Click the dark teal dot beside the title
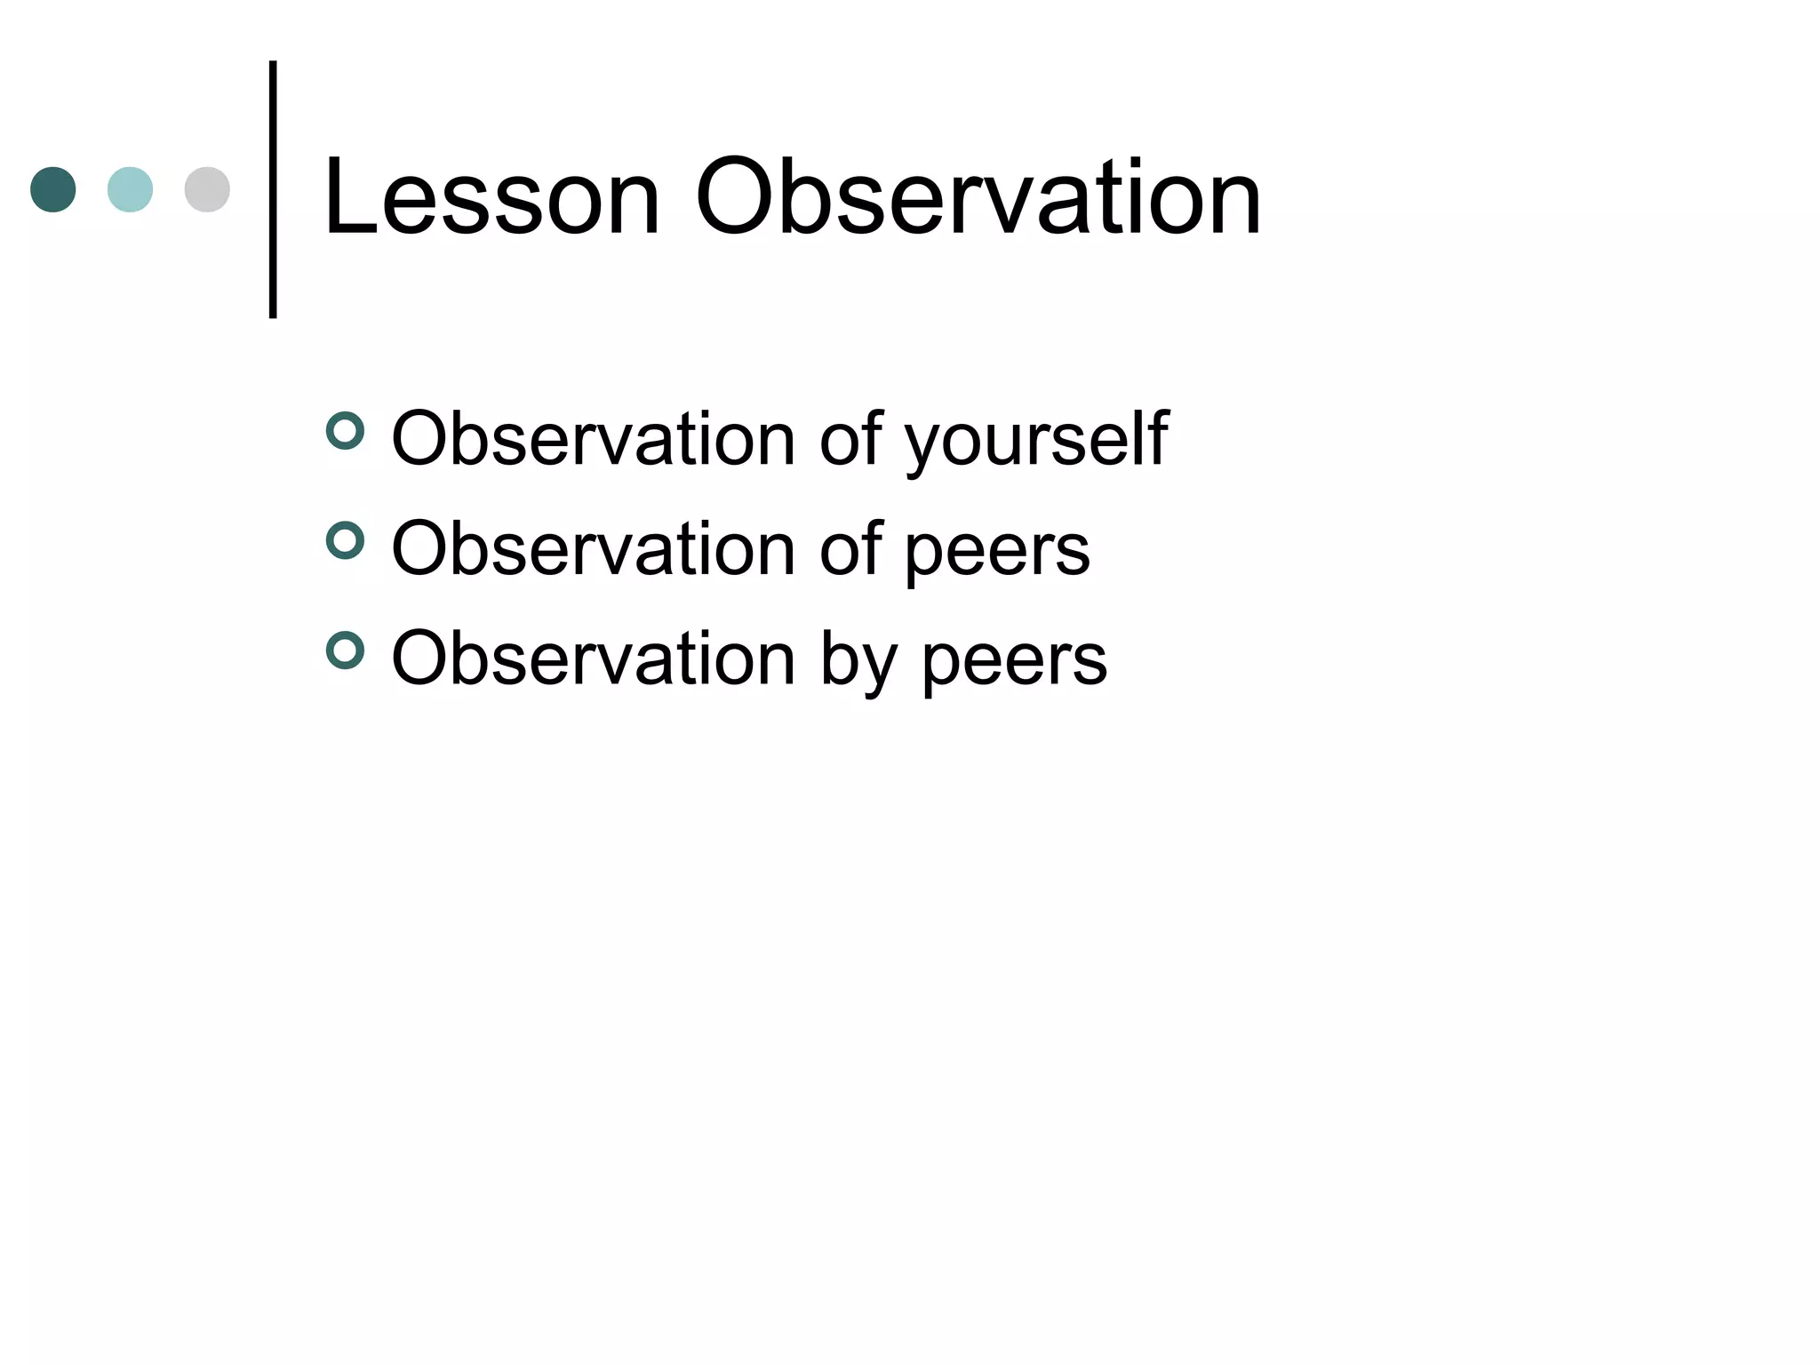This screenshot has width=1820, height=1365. click(x=53, y=189)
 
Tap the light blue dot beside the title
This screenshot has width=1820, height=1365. click(x=130, y=189)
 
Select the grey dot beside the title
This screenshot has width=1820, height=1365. click(x=207, y=189)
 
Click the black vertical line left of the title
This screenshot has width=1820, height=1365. click(x=273, y=189)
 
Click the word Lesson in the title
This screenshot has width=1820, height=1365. click(x=492, y=198)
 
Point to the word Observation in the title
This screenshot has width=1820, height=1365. click(x=978, y=198)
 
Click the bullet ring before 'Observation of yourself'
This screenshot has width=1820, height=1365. click(x=345, y=432)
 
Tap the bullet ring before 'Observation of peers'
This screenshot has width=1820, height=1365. click(x=345, y=540)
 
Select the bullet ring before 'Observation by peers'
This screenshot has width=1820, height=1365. click(x=345, y=651)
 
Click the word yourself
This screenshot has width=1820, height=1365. click(x=1036, y=440)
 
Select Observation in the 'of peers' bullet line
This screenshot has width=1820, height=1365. click(x=593, y=548)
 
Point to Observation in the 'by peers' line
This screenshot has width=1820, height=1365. click(x=593, y=659)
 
